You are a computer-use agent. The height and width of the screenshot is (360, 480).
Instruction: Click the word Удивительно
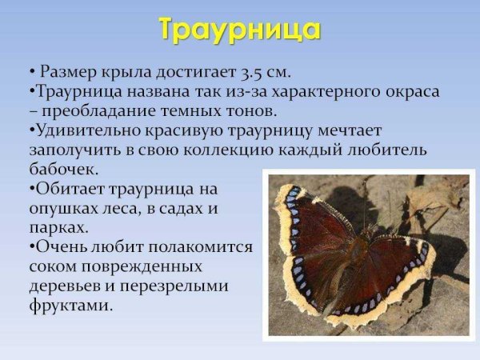pos(87,130)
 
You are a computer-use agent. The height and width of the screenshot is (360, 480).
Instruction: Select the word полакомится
pos(196,247)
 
